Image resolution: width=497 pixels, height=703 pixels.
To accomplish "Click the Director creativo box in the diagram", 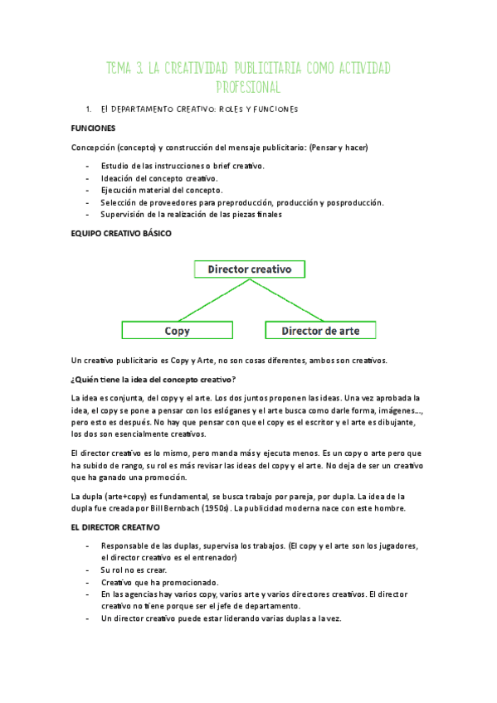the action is tap(249, 269).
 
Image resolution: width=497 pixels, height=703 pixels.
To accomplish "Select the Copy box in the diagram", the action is tap(178, 331).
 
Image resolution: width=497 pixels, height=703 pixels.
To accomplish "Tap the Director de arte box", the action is tap(320, 331).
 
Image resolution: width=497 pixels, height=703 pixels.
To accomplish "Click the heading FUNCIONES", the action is tap(93, 128).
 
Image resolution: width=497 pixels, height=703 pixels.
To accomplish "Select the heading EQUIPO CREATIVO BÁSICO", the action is tap(121, 234).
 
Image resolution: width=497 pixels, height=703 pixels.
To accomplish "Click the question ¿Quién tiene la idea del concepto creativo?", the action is tap(154, 380).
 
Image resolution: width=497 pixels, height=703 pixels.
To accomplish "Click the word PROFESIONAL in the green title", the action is tap(248, 86).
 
